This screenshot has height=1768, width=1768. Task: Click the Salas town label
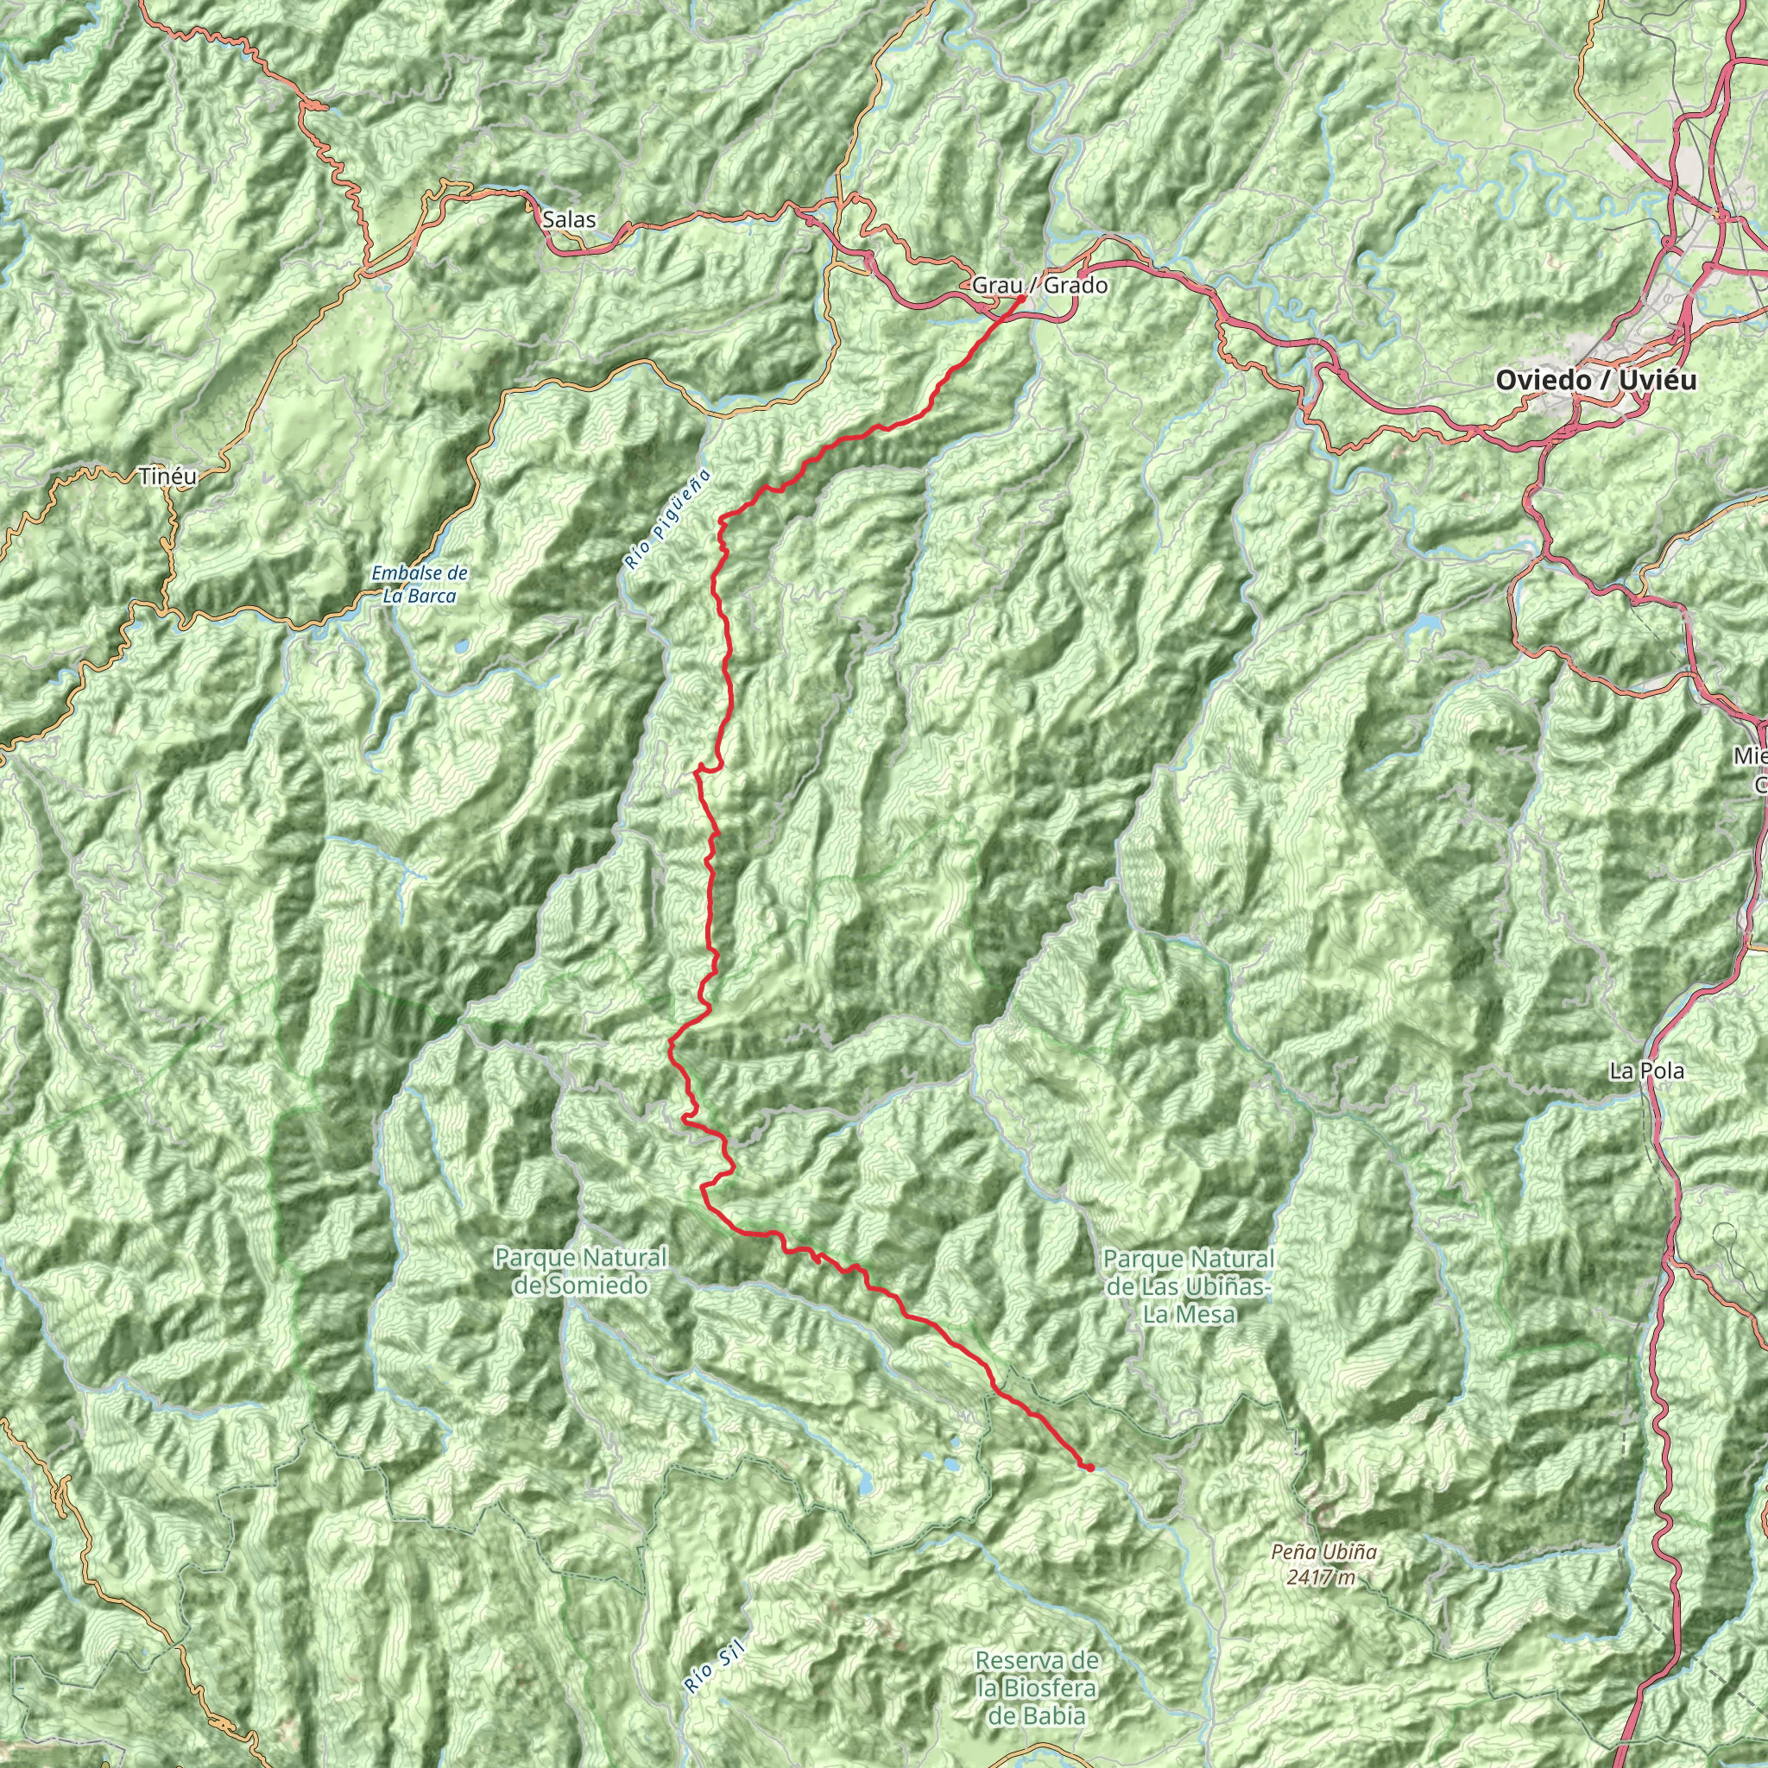[x=568, y=219]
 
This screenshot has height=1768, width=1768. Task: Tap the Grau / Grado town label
[x=1039, y=286]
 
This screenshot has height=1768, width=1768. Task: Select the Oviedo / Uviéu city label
[x=1595, y=380]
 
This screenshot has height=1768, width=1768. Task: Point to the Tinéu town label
[x=168, y=476]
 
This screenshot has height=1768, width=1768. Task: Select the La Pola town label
[x=1647, y=1070]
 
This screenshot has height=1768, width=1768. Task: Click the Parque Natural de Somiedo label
[x=581, y=1271]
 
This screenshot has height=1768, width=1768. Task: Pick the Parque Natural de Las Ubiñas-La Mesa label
[x=1189, y=1286]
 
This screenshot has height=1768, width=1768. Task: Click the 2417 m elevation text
[x=1320, y=1576]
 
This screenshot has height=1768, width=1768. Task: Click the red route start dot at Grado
[x=1021, y=298]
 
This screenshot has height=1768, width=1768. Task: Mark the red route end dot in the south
[x=1091, y=1467]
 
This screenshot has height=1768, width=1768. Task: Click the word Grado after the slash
[x=1076, y=286]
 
